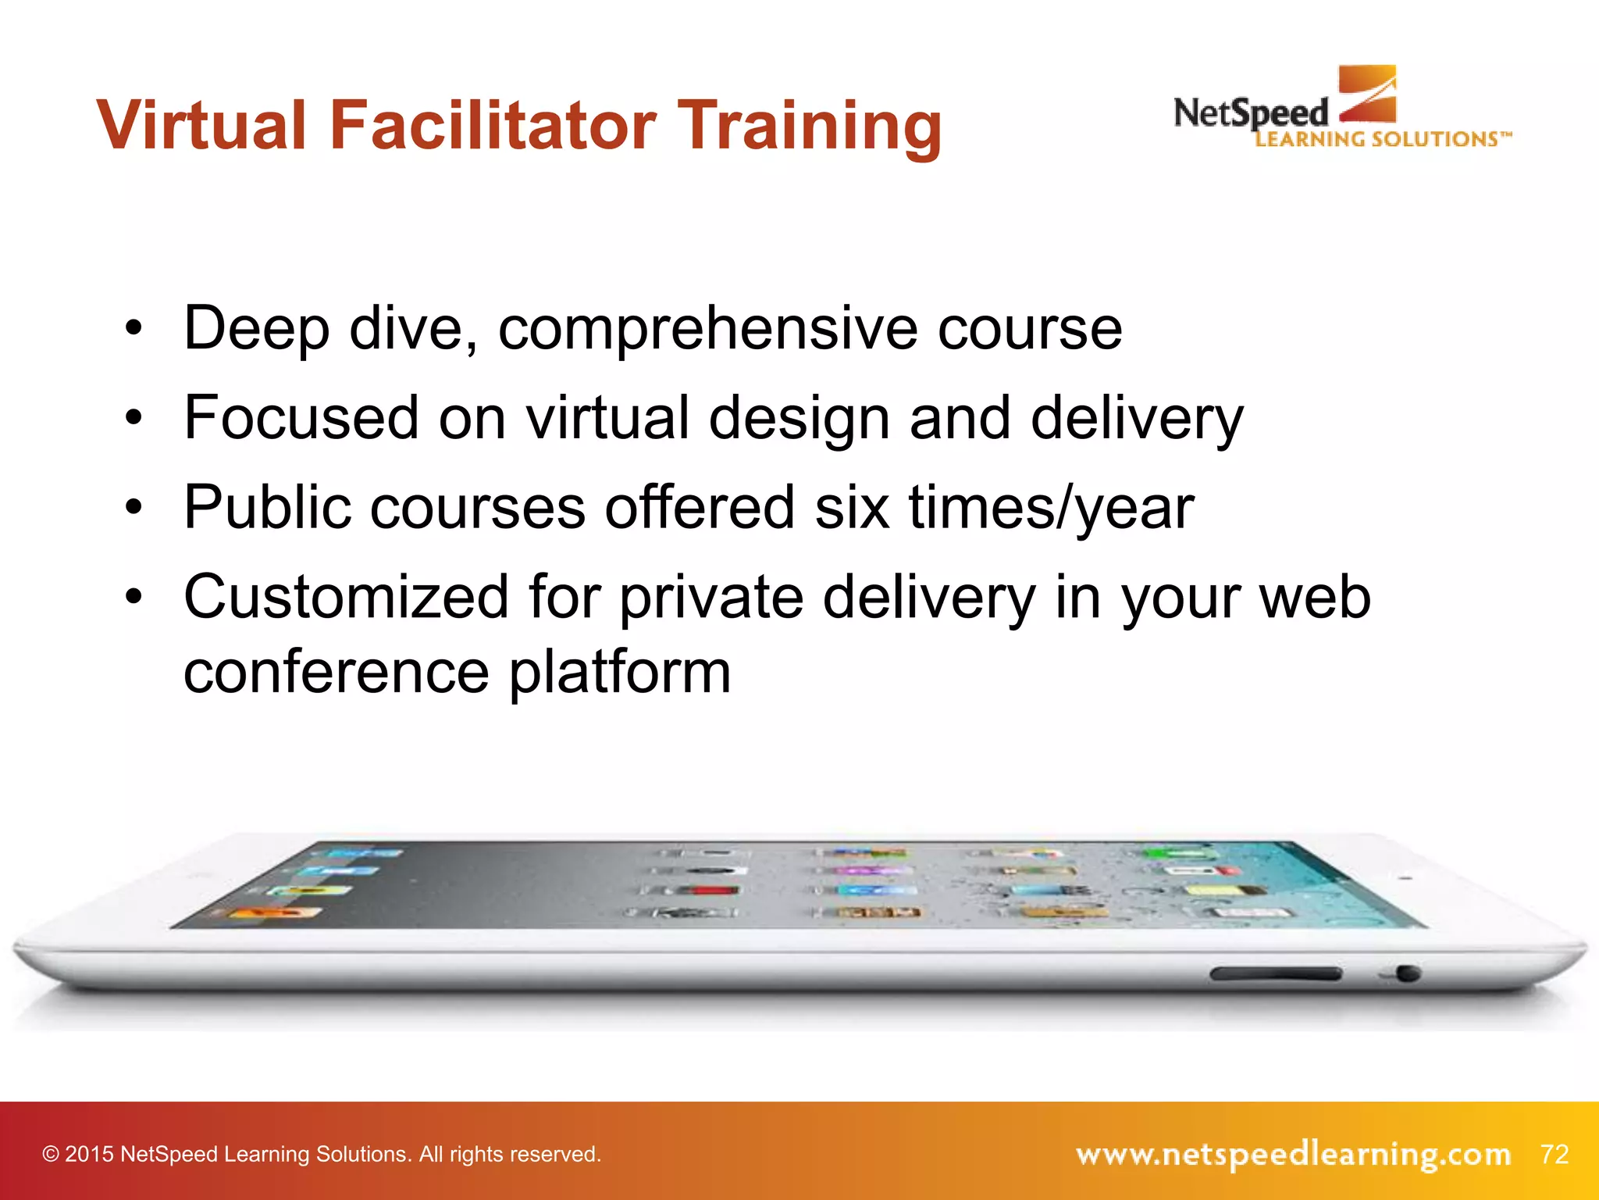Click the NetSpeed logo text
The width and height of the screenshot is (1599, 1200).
(x=1250, y=114)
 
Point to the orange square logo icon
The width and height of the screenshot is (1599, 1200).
(x=1367, y=94)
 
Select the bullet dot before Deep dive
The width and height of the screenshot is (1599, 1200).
(x=134, y=329)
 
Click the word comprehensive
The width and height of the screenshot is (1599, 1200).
(x=707, y=329)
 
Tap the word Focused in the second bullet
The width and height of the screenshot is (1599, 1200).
(x=301, y=418)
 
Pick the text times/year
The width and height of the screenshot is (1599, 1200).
(x=1051, y=508)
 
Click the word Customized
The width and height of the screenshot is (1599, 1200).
(x=347, y=598)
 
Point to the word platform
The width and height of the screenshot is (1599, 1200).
(x=620, y=673)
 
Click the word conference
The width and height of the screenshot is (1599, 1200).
(x=336, y=673)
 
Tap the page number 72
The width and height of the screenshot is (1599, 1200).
(x=1554, y=1154)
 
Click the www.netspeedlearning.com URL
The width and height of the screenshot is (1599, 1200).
(x=1293, y=1154)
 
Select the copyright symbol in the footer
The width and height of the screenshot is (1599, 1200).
(x=51, y=1155)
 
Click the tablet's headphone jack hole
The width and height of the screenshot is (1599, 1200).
(x=1408, y=973)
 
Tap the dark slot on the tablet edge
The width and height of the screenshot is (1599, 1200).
(x=1275, y=973)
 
